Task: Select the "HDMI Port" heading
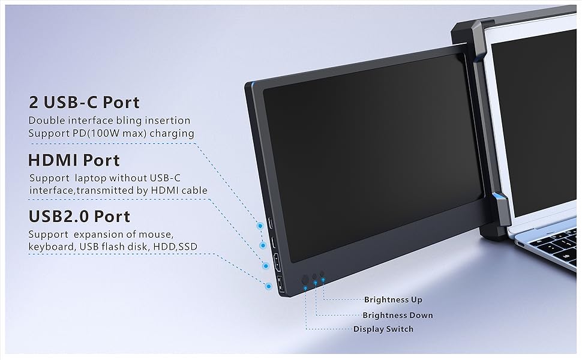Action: [x=74, y=160]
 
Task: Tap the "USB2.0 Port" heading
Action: [x=79, y=216]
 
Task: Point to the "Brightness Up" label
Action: [x=393, y=299]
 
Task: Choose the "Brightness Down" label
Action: [x=397, y=315]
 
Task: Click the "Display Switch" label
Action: [x=383, y=329]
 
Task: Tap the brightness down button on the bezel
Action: [x=314, y=277]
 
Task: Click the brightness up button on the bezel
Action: [x=322, y=274]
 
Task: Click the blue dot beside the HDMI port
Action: [x=264, y=265]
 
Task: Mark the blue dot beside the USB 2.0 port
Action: [x=266, y=286]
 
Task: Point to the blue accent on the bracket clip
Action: [x=497, y=198]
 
